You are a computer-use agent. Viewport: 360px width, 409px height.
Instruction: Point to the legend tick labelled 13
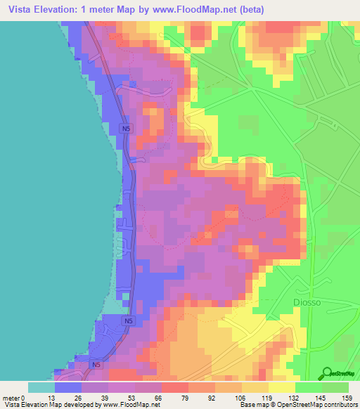55,397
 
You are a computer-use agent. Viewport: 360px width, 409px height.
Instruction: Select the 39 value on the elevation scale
108,397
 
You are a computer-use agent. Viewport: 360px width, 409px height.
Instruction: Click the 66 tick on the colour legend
162,397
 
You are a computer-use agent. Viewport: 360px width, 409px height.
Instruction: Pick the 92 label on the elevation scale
215,397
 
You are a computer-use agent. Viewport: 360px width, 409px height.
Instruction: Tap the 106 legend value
242,397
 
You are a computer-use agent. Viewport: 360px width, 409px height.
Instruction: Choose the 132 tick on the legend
295,397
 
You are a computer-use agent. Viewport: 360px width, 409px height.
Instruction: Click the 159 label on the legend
348,397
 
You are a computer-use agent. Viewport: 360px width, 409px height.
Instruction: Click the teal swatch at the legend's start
41,387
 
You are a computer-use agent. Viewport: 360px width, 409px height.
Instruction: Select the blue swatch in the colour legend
68,387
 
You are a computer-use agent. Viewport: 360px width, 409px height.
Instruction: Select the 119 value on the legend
269,397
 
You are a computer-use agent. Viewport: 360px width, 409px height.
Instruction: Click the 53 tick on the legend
135,397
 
